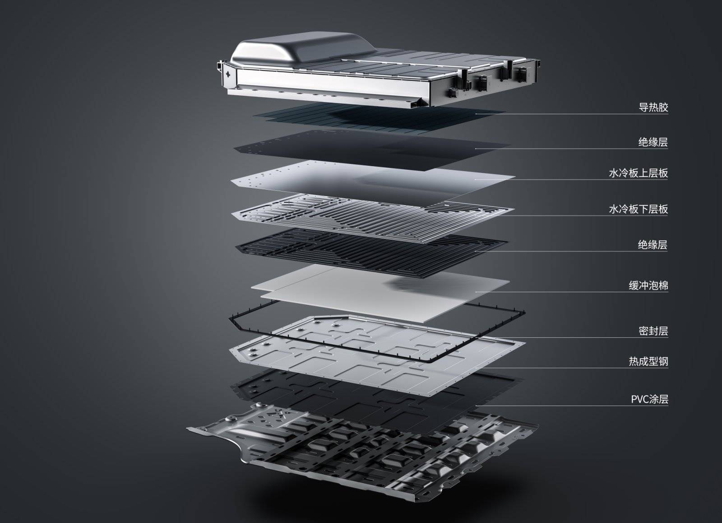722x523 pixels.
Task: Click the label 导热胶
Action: [653, 107]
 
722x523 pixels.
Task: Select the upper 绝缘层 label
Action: [653, 142]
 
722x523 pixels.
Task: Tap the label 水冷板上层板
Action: [638, 173]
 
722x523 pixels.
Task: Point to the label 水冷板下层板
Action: [638, 209]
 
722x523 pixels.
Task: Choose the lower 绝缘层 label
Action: [653, 245]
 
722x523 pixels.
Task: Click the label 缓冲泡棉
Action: [648, 285]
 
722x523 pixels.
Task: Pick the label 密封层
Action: [653, 331]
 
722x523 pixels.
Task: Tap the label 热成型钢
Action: [648, 361]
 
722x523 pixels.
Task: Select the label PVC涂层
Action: [649, 399]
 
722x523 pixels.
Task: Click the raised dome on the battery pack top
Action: [303, 48]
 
